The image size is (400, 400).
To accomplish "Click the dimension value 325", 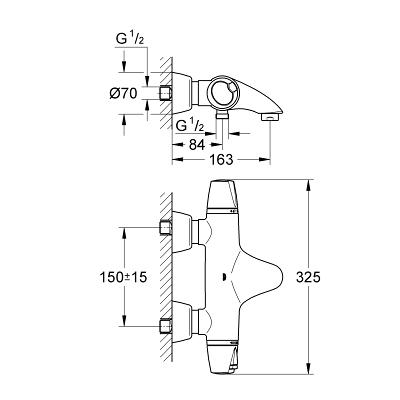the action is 308,277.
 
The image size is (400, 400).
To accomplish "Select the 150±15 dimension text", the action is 123,277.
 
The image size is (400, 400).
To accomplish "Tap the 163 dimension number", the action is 221,160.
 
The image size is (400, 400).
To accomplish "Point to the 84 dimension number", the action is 197,145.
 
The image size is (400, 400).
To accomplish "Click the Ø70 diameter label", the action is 123,94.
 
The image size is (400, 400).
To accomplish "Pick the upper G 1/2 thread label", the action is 130,40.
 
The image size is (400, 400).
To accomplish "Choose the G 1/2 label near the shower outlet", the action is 190,125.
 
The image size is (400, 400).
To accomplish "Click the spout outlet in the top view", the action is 270,117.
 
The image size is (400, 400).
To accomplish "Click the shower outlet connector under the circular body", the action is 222,115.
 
